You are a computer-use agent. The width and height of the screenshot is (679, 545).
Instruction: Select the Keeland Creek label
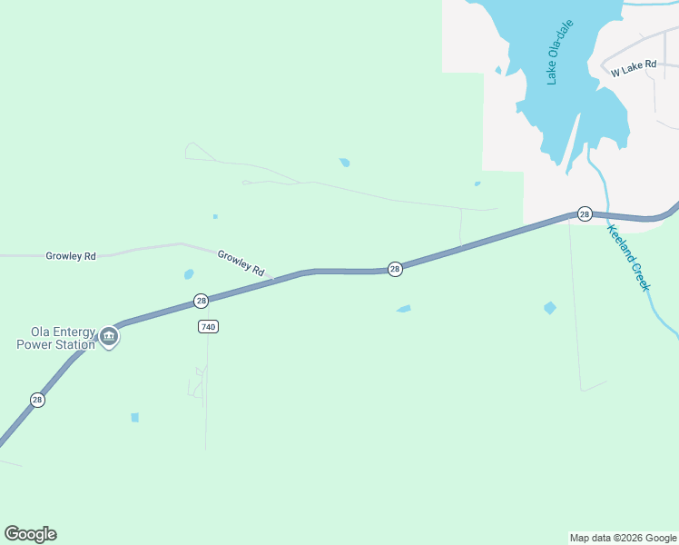tap(629, 258)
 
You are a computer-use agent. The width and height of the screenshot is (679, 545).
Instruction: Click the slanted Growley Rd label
tap(241, 263)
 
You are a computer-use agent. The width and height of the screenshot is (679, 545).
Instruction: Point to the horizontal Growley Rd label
tap(71, 256)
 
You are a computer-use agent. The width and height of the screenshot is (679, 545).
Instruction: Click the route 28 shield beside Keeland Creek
tap(585, 214)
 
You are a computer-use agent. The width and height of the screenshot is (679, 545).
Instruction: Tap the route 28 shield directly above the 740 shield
tap(202, 301)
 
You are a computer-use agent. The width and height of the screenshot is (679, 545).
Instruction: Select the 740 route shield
tap(208, 326)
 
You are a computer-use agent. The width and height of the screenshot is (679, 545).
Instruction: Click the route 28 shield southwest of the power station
tap(37, 400)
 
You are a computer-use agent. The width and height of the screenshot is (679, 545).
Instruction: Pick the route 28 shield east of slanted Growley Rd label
tap(395, 269)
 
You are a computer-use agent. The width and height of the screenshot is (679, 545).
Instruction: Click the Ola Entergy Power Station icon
tap(109, 337)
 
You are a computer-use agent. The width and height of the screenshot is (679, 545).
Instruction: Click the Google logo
tap(30, 534)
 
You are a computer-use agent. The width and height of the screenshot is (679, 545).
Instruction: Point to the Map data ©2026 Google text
tap(624, 538)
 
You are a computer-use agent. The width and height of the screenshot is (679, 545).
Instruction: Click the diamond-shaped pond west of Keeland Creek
tap(549, 308)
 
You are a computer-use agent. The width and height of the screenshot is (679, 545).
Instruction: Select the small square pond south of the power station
tap(134, 418)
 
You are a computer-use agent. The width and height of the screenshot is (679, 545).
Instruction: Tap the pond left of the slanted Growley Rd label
tap(189, 273)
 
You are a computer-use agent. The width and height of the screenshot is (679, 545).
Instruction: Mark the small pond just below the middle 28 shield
tap(404, 309)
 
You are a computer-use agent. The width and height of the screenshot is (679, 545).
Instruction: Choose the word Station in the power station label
tap(75, 345)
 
